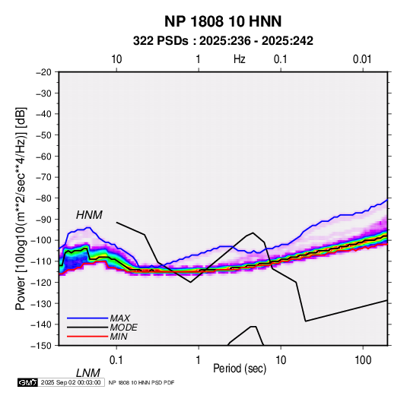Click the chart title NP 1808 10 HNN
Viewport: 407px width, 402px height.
click(223, 21)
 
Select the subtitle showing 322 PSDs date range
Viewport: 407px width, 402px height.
click(223, 41)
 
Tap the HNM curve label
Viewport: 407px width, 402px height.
click(89, 215)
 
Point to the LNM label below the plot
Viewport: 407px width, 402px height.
click(88, 373)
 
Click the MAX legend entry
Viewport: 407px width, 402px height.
click(120, 318)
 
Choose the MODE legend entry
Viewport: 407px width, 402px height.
click(123, 328)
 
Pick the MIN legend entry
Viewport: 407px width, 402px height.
click(119, 337)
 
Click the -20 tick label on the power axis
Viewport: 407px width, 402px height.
click(43, 72)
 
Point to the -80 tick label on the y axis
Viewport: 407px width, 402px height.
click(43, 198)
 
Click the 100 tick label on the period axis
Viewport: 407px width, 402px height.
click(363, 360)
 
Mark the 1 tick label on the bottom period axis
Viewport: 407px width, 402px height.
click(199, 360)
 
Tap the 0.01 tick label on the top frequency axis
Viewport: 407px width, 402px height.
click(362, 59)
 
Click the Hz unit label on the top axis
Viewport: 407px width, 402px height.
click(240, 59)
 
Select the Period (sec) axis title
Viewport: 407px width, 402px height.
click(240, 369)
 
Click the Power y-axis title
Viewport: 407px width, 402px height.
click(21, 208)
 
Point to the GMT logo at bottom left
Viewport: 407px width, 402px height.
click(27, 382)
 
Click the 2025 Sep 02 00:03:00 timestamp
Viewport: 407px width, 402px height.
click(71, 382)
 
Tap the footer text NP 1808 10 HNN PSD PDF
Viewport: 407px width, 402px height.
click(141, 382)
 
